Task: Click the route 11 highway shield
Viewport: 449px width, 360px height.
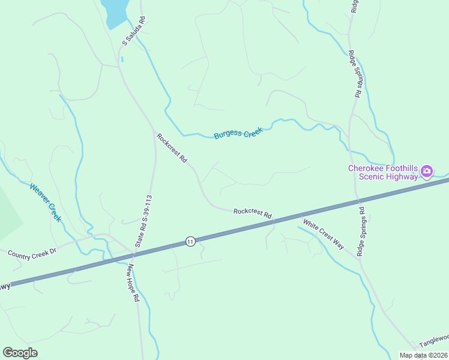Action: point(190,241)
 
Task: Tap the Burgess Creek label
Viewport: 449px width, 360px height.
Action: point(238,133)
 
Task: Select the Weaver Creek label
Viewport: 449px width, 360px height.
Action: point(46,202)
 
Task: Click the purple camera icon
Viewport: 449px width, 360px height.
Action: point(427,172)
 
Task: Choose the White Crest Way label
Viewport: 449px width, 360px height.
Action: point(324,234)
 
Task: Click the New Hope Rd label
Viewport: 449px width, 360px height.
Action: point(133,285)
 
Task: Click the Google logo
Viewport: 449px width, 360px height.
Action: point(20,353)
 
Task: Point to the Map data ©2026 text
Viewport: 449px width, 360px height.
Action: point(423,355)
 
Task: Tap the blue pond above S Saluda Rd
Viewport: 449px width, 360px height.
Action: point(115,11)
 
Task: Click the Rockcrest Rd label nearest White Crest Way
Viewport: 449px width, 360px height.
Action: point(253,212)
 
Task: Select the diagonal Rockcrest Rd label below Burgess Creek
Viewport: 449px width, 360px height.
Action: point(172,148)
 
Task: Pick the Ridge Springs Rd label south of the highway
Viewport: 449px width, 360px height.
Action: point(361,232)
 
